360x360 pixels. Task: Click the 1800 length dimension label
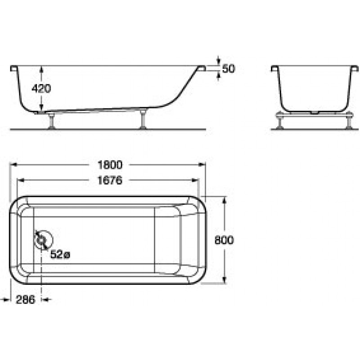tap(110, 165)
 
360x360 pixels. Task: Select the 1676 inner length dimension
tap(110, 180)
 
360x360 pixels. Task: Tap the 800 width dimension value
tap(224, 240)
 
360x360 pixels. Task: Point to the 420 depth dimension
tap(41, 89)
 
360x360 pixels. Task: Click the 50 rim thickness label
tap(229, 69)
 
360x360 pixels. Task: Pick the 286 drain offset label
tap(26, 300)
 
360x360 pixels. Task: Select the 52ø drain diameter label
tap(60, 254)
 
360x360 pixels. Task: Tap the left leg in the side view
tap(52, 121)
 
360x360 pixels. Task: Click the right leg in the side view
tap(144, 119)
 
